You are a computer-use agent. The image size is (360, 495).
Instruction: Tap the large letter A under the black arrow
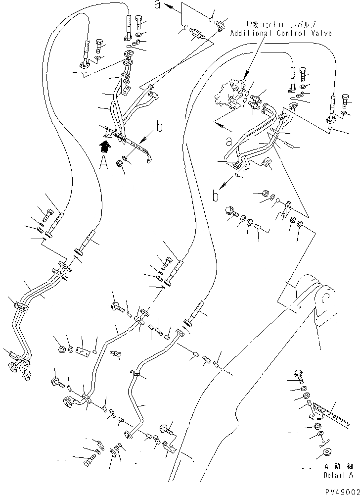(104, 163)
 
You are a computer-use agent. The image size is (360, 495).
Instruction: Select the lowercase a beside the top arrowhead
(157, 6)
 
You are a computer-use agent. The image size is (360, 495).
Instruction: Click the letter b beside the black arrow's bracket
(159, 127)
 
